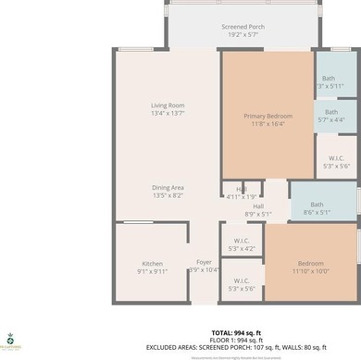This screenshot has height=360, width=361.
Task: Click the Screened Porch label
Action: pos(243,28)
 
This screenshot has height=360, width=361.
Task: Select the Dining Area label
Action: pos(169,188)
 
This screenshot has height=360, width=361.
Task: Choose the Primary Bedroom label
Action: pos(268,116)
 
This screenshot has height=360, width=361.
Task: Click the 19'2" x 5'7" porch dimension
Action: pos(243,35)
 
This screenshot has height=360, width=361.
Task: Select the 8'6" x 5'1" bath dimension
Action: pos(317,212)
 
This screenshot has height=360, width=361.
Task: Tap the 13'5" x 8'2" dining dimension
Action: pos(169,195)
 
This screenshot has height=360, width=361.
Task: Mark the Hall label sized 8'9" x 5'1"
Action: pos(259,206)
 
